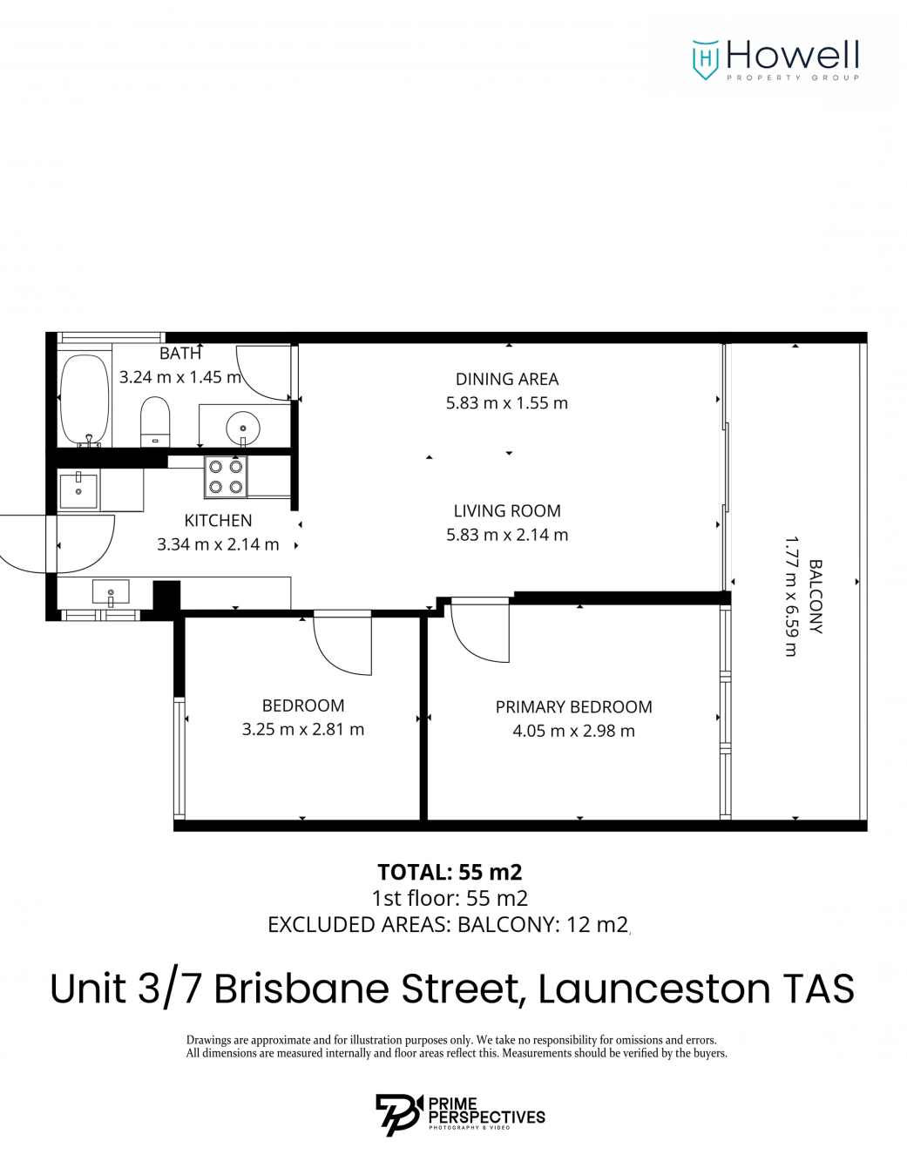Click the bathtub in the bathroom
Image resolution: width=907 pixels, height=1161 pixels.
(x=85, y=399)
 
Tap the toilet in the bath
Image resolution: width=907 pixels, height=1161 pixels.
(x=155, y=422)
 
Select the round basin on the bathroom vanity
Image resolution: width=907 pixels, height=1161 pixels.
(x=242, y=428)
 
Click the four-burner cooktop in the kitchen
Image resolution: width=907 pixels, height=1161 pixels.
(x=226, y=477)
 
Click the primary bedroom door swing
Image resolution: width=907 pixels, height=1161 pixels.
(x=480, y=631)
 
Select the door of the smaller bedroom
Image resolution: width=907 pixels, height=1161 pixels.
(x=343, y=645)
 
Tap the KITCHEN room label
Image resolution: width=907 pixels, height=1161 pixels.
(x=218, y=521)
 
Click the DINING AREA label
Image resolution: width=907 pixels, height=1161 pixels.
(x=507, y=380)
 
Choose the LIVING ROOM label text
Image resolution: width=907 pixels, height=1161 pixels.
(x=507, y=511)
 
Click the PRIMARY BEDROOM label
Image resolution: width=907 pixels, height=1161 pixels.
(x=573, y=707)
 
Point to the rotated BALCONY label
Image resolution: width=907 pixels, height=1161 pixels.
(x=816, y=597)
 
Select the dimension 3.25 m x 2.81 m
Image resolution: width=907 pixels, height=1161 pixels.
(x=303, y=730)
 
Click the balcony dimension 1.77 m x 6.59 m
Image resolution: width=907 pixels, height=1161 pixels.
(x=791, y=597)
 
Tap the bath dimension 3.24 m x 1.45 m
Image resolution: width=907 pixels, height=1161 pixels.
(x=179, y=377)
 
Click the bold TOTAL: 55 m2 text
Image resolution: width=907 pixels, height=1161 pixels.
(x=450, y=872)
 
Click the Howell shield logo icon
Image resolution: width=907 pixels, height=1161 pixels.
(x=705, y=59)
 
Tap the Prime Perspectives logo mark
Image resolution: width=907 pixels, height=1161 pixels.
(x=398, y=1114)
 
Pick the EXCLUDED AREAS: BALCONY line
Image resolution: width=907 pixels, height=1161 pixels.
(x=448, y=925)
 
